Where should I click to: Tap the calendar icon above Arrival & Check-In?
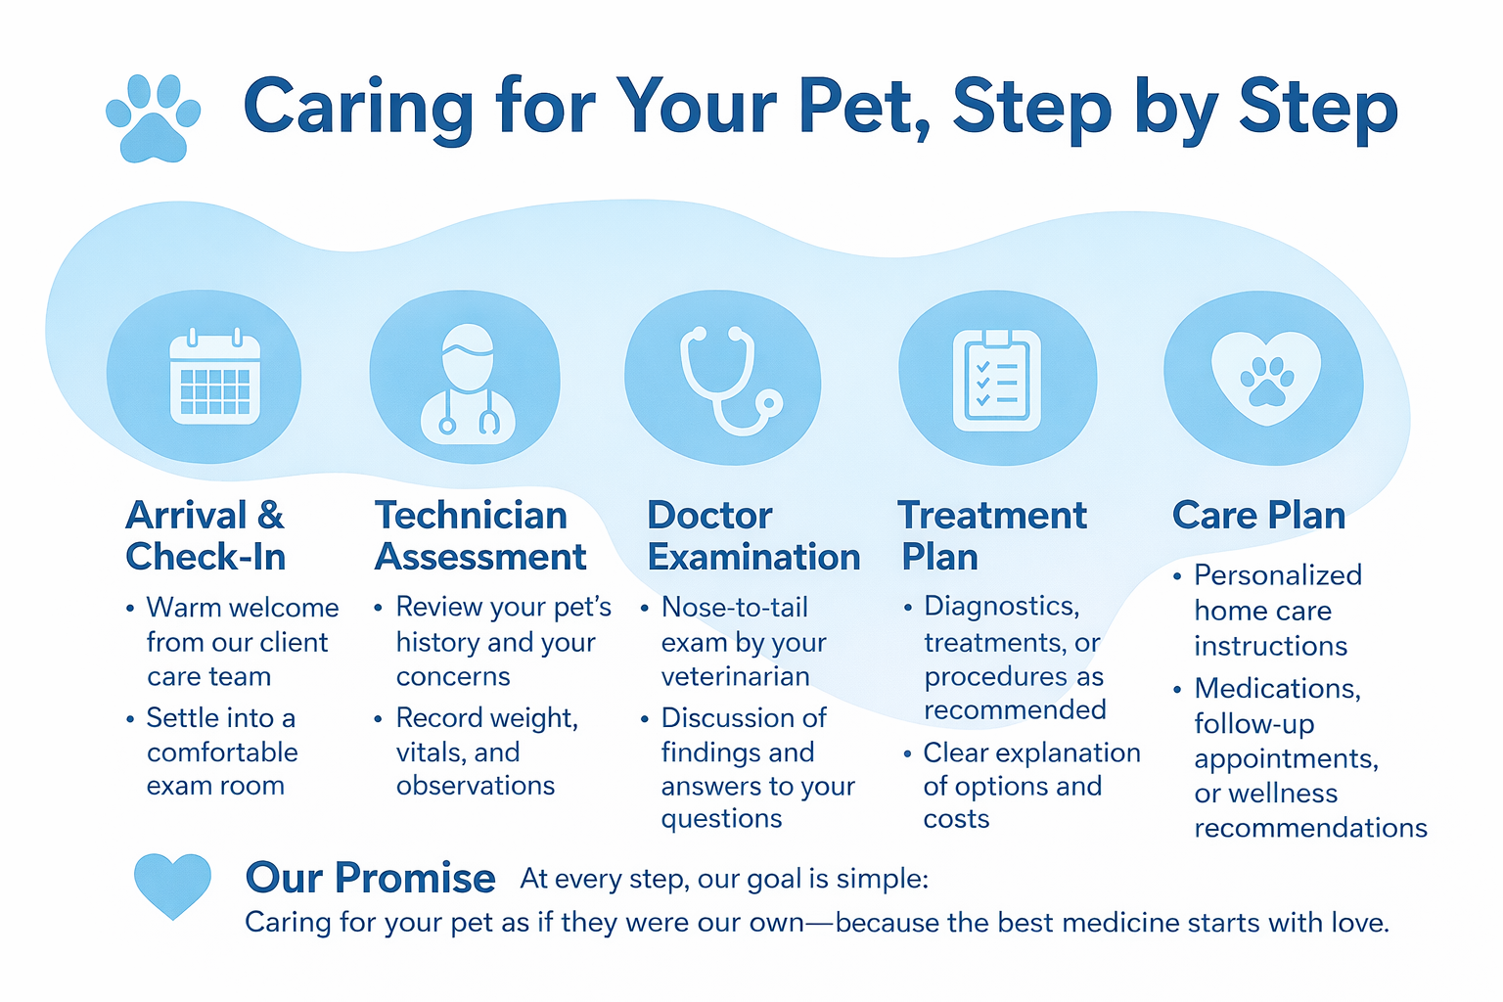coord(214,377)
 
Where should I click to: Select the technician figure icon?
coord(468,384)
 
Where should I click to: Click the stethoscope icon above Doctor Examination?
coord(730,380)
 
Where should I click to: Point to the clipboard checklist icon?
coord(996,380)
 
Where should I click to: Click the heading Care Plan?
coord(1258,516)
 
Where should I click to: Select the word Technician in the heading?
coord(471,516)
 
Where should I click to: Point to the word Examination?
coord(753,557)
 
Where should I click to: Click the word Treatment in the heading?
coord(992,516)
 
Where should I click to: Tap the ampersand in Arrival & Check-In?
coord(270,516)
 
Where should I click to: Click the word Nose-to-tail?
coord(735,608)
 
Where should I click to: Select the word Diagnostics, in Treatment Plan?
coord(1002,608)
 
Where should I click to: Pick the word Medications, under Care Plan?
coord(1278,689)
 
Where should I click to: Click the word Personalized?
coord(1278,575)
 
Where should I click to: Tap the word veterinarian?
coord(736,676)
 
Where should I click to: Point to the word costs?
coord(956,819)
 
